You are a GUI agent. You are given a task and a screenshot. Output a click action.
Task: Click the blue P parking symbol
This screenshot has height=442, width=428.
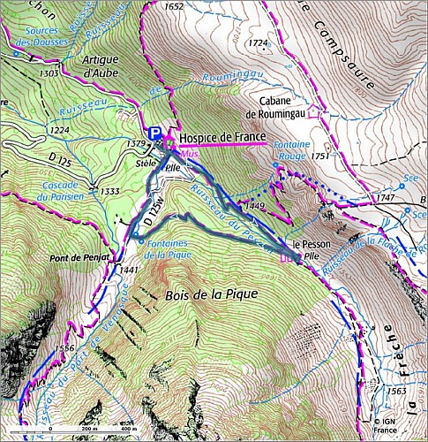click(155, 133)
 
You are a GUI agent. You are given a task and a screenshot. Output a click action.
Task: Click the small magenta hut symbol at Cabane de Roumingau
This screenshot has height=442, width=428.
click(324, 113)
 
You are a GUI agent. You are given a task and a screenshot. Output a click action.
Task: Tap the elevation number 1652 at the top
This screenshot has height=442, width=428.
click(174, 7)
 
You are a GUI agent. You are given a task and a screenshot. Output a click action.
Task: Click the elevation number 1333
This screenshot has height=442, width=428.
click(110, 191)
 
